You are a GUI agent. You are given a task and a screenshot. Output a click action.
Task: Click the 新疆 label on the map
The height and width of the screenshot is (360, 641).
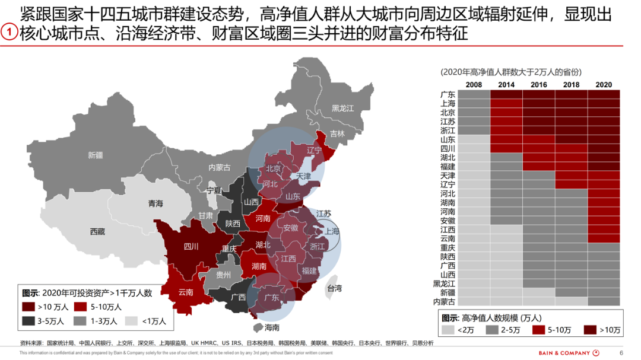coord(95,155)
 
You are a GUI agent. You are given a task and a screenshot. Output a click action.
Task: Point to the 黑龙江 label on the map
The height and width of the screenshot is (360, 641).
coord(342,109)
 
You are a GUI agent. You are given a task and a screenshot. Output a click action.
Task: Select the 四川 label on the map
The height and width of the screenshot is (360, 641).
coord(191,246)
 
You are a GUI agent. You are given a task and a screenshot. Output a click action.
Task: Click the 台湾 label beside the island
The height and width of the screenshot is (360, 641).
coord(334,289)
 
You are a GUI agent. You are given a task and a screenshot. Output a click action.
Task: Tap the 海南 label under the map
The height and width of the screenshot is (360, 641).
coord(272,327)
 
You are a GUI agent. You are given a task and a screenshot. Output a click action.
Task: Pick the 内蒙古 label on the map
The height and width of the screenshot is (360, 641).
coord(220,168)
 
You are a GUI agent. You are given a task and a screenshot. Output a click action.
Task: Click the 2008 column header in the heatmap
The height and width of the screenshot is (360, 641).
coord(474,85)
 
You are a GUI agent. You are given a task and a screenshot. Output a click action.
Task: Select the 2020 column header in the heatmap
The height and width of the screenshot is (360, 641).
coord(603,85)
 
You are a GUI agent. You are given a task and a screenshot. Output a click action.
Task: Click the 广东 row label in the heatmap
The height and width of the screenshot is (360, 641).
coord(448,94)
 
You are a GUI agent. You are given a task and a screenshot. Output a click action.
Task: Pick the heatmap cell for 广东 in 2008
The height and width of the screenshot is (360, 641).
coord(474,94)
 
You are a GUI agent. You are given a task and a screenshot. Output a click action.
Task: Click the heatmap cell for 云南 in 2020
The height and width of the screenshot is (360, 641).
coord(604,238)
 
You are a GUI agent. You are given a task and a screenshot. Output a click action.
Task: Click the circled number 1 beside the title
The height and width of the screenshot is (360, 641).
coord(9,32)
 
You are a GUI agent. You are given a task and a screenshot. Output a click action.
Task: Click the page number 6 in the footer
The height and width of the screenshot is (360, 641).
coord(621,352)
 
